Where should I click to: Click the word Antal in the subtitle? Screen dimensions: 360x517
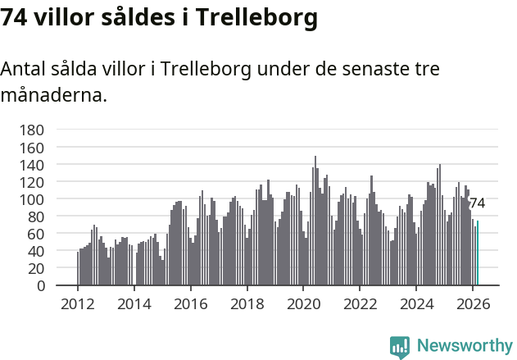[x=24, y=70]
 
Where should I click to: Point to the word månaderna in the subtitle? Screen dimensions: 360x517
[x=53, y=96]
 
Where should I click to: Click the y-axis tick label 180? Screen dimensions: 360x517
[x=31, y=130]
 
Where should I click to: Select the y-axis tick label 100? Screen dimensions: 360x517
[x=31, y=199]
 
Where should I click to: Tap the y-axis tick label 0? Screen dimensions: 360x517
[x=39, y=286]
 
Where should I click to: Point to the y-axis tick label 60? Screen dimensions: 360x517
[x=34, y=235]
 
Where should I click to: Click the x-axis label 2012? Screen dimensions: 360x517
[x=78, y=303]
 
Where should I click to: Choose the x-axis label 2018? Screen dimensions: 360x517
[x=247, y=303]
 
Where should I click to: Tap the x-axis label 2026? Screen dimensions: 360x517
[x=472, y=303]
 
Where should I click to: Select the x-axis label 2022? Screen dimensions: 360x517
[x=359, y=303]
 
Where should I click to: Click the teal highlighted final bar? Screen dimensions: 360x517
[x=478, y=253]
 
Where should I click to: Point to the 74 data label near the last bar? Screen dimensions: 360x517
[x=477, y=203]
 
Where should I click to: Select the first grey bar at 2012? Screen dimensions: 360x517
[x=78, y=269]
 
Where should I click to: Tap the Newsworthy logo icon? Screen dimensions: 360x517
[x=400, y=347]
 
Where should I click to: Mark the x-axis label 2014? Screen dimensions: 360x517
[x=134, y=303]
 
